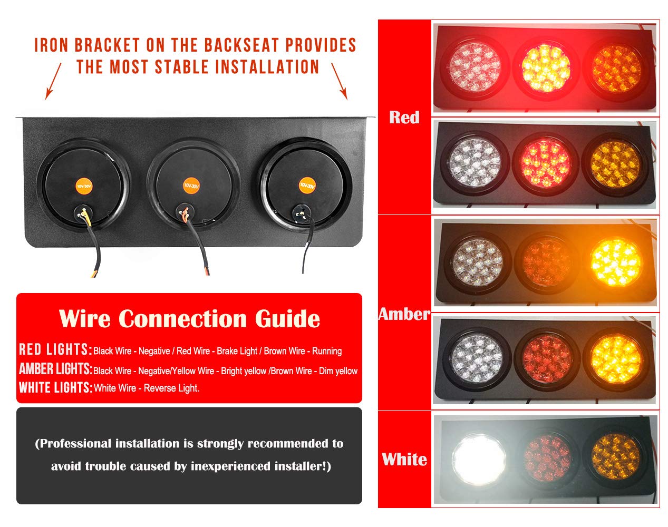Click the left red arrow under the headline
[x=53, y=81]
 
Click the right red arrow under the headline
[x=340, y=81]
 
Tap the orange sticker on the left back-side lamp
[x=84, y=186]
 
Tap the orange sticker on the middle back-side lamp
[x=191, y=186]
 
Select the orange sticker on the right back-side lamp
[x=307, y=186]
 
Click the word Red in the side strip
[x=404, y=118]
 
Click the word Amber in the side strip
[x=404, y=314]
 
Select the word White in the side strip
[x=404, y=459]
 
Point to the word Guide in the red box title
[x=287, y=319]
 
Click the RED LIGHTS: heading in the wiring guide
[x=55, y=349]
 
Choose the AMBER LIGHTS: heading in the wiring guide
[x=56, y=369]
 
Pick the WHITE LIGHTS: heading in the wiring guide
[x=56, y=387]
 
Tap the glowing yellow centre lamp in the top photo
[x=546, y=68]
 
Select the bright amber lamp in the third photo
[x=616, y=262]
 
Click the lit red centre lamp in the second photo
[x=545, y=163]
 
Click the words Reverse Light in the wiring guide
[x=171, y=388]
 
